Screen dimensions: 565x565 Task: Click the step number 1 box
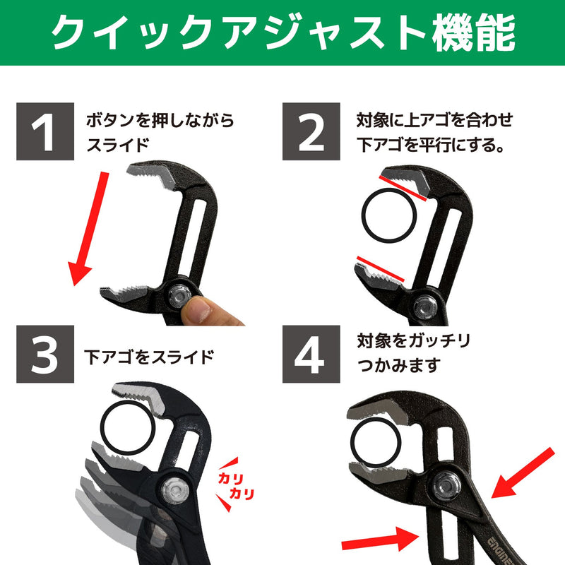[45, 131]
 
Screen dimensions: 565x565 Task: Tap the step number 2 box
[311, 131]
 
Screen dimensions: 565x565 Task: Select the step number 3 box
[45, 354]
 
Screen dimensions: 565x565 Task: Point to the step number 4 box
[311, 354]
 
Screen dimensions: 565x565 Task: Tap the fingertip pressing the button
[196, 310]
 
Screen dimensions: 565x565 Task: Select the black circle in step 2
[389, 215]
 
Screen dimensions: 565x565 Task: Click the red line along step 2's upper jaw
[403, 188]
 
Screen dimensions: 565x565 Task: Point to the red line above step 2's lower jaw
[380, 268]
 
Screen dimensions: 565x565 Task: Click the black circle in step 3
[128, 428]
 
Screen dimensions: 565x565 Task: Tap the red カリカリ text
[236, 486]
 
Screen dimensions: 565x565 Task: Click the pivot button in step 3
[175, 490]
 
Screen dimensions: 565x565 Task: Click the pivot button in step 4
[447, 486]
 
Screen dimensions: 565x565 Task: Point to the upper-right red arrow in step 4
[523, 473]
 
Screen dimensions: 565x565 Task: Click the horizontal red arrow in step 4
[381, 540]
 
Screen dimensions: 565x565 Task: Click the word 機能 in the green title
[473, 32]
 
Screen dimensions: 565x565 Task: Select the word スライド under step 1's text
[118, 145]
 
